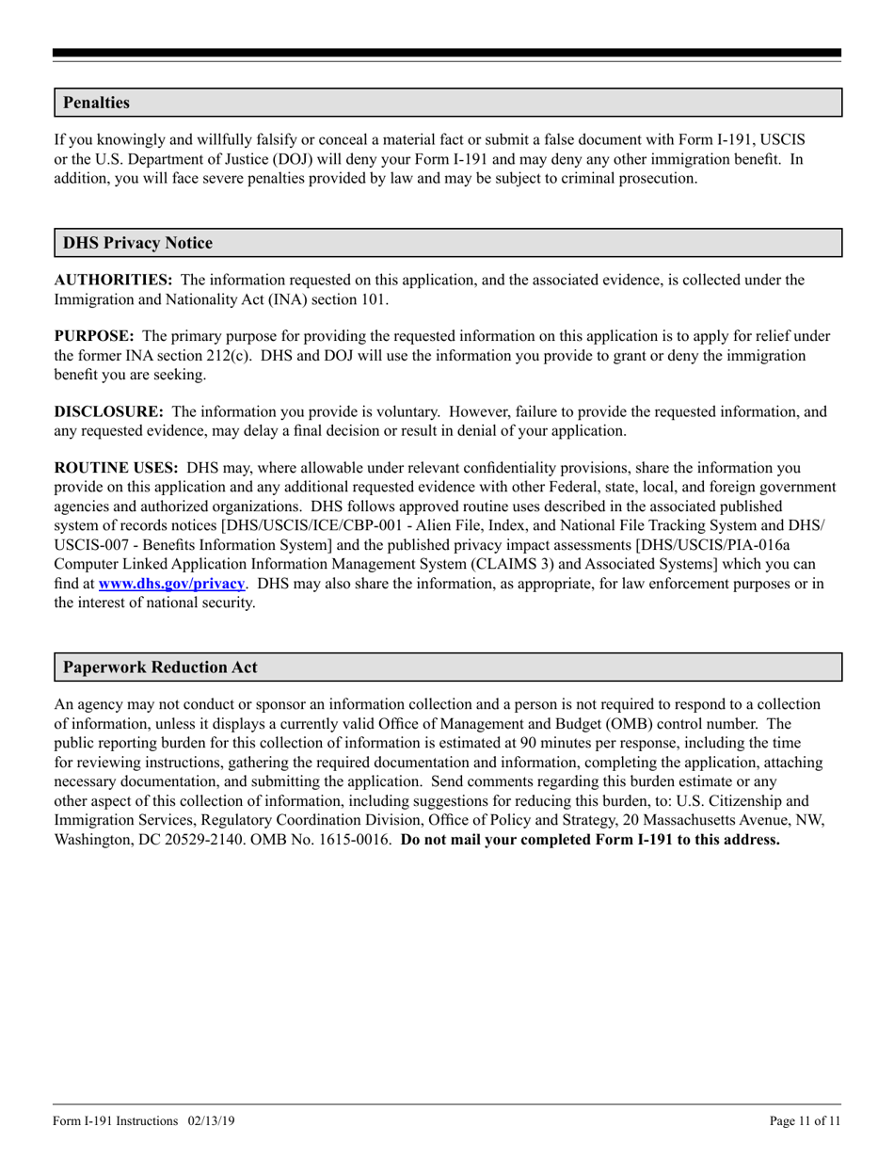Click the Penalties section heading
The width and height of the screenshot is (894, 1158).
96,103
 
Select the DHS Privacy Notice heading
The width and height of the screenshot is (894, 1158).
137,243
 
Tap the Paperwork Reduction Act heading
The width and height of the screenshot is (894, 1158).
160,667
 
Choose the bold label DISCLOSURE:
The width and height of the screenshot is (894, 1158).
108,411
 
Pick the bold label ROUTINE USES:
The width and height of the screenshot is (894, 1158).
116,468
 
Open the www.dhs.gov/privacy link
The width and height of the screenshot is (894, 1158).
171,583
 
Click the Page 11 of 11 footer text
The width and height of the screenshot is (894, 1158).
805,1120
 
